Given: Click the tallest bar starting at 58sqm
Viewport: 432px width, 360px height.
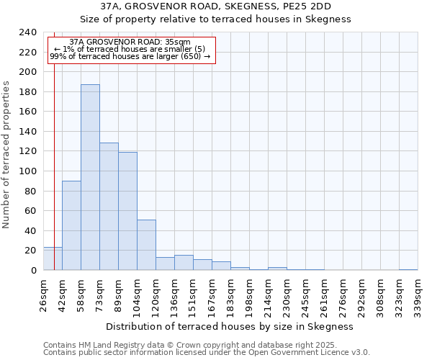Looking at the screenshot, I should pyautogui.click(x=90, y=177).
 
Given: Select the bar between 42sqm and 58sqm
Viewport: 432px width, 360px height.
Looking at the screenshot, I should pyautogui.click(x=71, y=225).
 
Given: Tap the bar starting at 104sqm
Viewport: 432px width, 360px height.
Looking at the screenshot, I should pyautogui.click(x=146, y=245).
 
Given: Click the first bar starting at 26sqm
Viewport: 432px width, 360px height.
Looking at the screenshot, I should pyautogui.click(x=53, y=258).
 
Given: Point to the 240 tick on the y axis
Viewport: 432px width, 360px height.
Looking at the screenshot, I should pyautogui.click(x=28, y=32).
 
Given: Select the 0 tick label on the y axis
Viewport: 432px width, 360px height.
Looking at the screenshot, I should pyautogui.click(x=33, y=271).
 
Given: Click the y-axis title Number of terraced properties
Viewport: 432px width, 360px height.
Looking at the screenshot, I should pyautogui.click(x=6, y=154).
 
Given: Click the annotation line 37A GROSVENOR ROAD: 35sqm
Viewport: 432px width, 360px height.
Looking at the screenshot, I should pyautogui.click(x=130, y=42).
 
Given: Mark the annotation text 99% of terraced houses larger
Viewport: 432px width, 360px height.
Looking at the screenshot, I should pyautogui.click(x=130, y=56).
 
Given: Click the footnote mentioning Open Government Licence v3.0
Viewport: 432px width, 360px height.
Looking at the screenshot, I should pyautogui.click(x=207, y=353).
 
